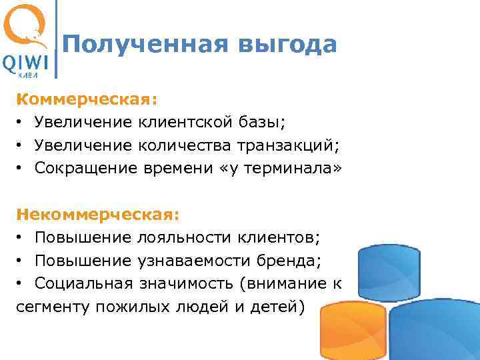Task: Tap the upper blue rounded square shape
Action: point(389,269)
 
